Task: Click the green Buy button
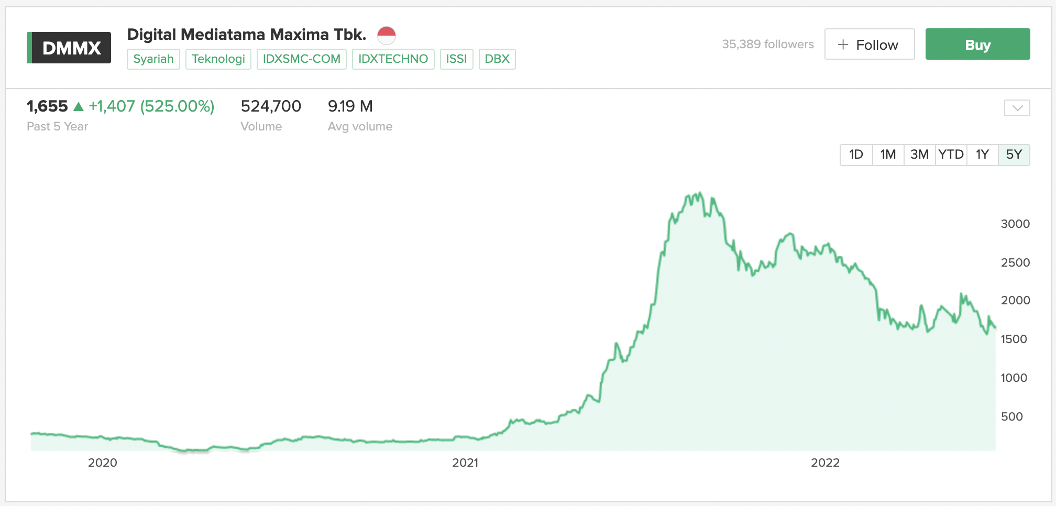(977, 44)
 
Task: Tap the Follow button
(870, 44)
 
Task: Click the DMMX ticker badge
(69, 48)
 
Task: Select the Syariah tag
(153, 59)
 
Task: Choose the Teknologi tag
(218, 59)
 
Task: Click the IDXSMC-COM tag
(302, 59)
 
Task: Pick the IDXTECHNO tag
(393, 59)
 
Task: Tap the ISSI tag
(457, 59)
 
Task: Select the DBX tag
(497, 59)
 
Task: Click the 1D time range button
(856, 155)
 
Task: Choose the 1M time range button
(888, 155)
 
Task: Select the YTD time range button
(951, 155)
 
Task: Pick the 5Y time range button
(1014, 155)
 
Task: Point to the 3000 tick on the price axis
(1015, 224)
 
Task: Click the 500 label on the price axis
(1012, 416)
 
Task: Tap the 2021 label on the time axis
(465, 463)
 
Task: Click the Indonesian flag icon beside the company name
(387, 36)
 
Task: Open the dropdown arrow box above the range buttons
(1017, 108)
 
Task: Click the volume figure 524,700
(271, 106)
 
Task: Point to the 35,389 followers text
(768, 44)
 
